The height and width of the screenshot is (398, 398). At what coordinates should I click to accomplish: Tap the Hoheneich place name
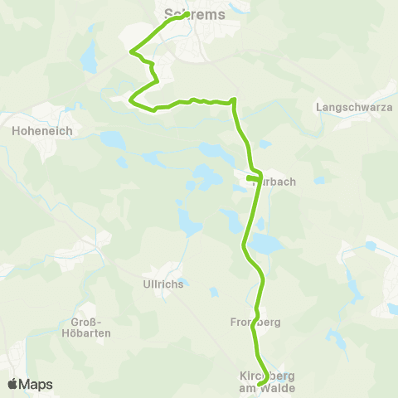click(x=42, y=130)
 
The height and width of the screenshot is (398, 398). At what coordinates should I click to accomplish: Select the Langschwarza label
click(x=348, y=107)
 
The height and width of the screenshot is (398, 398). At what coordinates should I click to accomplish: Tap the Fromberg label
click(x=258, y=320)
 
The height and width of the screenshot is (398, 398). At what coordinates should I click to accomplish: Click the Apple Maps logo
click(x=30, y=384)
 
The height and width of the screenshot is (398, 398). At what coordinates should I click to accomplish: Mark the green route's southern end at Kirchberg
click(x=260, y=385)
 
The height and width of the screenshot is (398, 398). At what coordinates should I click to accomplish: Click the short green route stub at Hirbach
click(x=252, y=177)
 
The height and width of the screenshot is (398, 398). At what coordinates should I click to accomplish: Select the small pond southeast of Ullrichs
click(x=215, y=292)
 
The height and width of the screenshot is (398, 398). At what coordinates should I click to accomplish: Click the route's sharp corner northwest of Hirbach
click(x=235, y=101)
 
